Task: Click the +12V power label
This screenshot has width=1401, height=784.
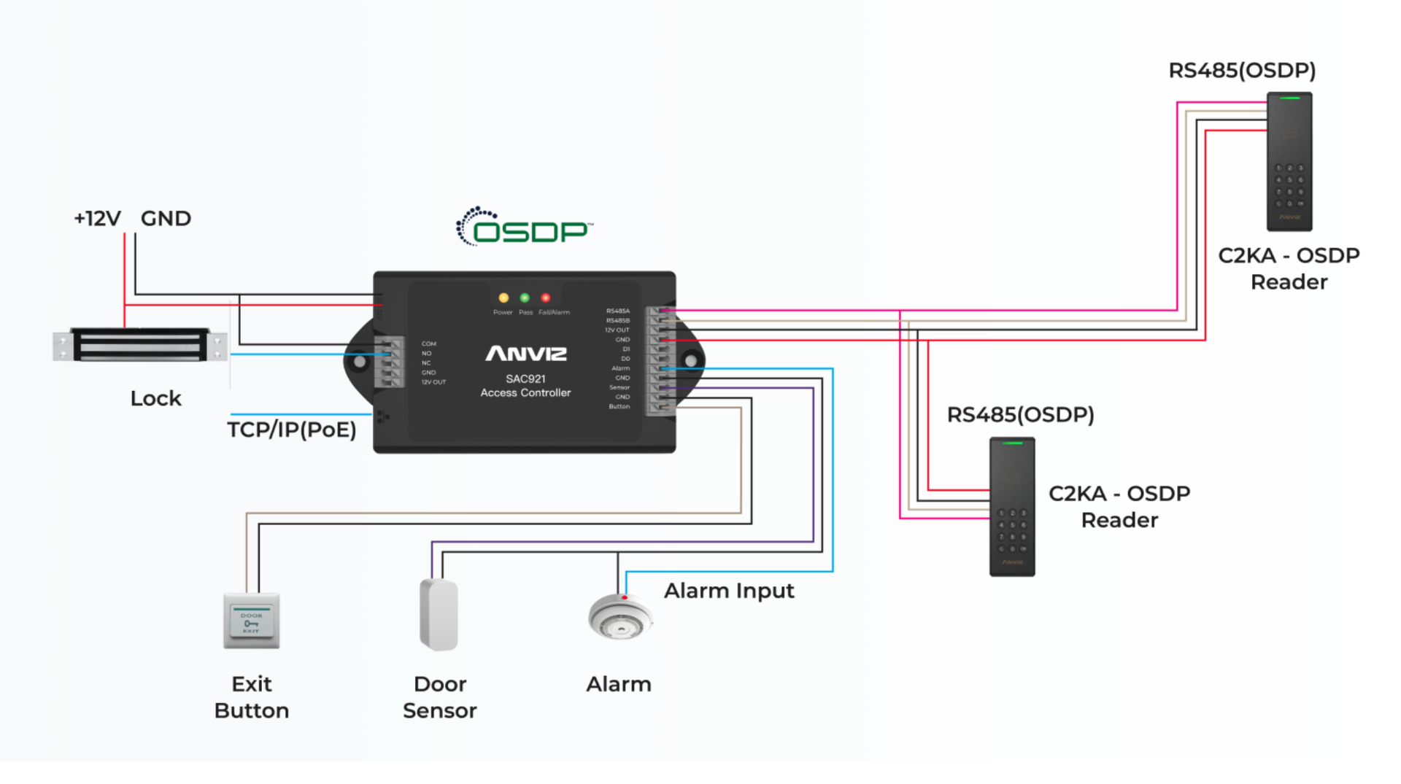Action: (97, 219)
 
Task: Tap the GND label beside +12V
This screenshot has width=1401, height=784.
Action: (166, 219)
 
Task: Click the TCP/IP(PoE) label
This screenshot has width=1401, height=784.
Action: (291, 430)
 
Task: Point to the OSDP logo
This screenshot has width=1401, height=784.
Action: (524, 228)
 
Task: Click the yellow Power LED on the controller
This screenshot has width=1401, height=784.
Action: (503, 298)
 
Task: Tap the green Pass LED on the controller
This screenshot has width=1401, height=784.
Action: (525, 298)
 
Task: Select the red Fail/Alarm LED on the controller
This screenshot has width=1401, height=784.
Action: (545, 298)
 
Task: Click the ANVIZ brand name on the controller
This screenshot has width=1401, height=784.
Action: (525, 354)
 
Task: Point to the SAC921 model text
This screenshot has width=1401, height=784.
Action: (525, 379)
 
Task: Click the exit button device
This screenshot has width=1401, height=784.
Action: (251, 621)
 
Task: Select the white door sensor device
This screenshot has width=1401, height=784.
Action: (439, 614)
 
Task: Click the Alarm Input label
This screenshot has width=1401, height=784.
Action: (728, 591)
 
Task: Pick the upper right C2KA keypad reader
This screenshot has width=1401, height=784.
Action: (1289, 161)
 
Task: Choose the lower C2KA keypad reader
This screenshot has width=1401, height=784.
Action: (1012, 507)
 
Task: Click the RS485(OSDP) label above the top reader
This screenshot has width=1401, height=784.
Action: (1242, 70)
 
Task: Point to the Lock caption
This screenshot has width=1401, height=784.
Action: (155, 398)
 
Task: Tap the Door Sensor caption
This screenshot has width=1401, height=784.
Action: (439, 697)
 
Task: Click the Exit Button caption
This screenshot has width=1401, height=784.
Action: (252, 697)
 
